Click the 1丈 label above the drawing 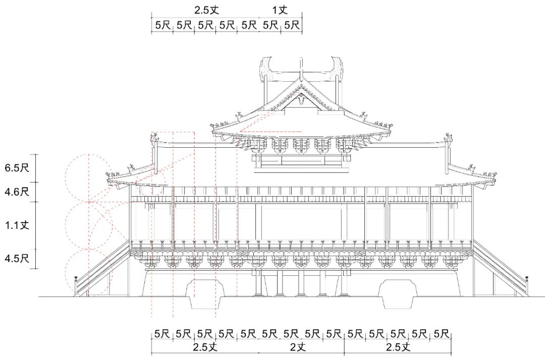tap(280, 10)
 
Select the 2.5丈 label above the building tap(206, 10)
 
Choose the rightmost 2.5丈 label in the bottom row tap(399, 347)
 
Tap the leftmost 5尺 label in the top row tap(162, 25)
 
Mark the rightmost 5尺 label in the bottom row tap(441, 334)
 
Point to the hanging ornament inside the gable tap(301, 99)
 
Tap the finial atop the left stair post tap(76, 278)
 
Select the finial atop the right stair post tap(526, 278)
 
